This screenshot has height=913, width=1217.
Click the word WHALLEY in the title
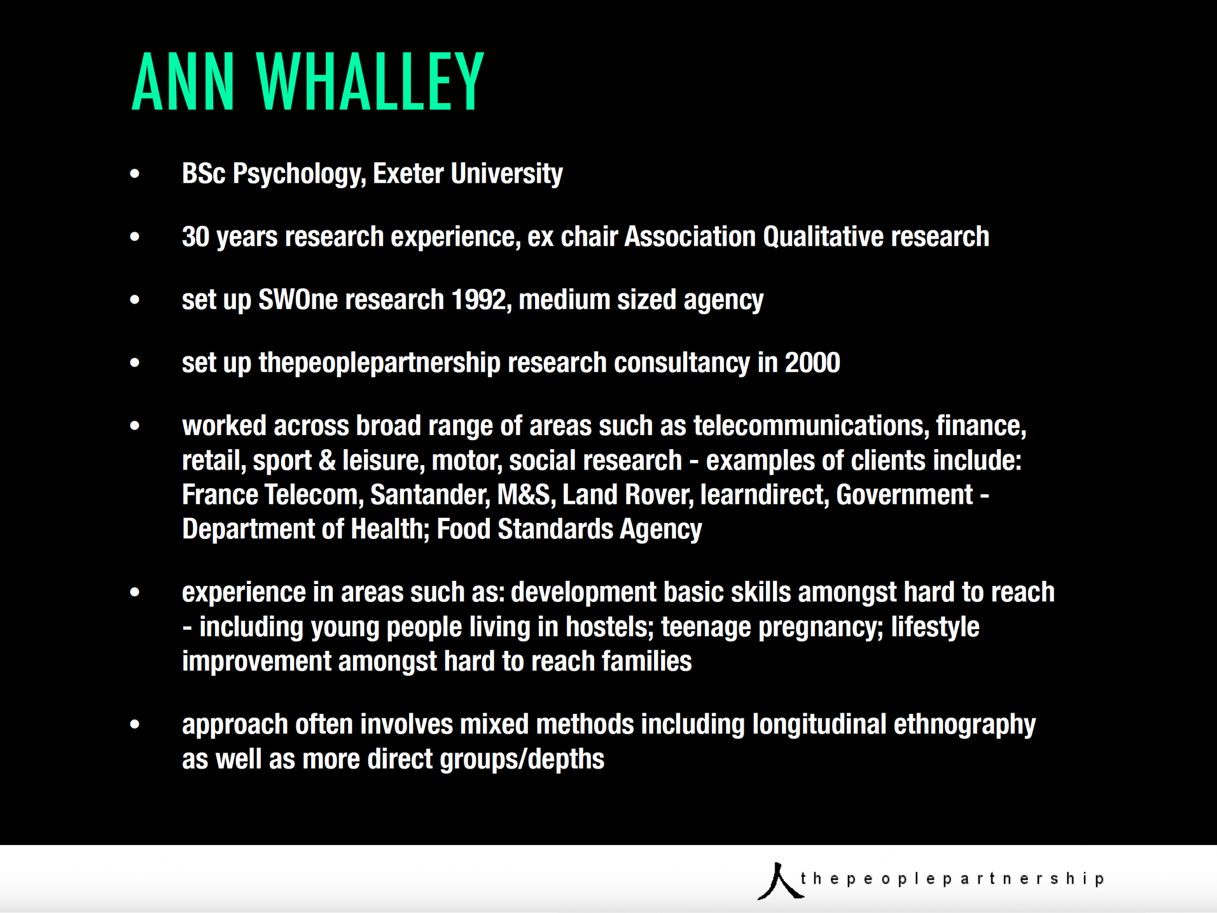370,82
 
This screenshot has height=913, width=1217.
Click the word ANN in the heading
183,82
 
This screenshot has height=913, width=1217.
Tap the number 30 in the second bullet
195,237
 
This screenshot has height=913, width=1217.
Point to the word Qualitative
823,237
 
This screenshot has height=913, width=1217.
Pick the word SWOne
298,300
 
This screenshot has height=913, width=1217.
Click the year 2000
812,363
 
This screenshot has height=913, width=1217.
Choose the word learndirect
764,495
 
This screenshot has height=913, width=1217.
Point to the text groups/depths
522,760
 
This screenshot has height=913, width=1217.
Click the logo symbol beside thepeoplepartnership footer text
779,881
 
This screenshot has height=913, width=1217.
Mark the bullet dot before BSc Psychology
134,174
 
